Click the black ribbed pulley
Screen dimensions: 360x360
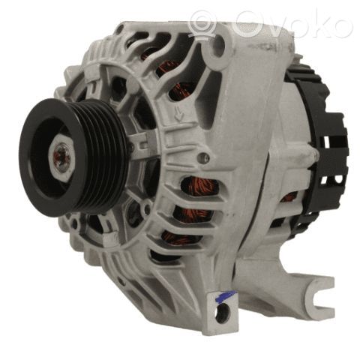point(73,157)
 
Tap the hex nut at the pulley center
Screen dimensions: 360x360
point(62,158)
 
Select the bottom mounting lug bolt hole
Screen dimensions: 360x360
point(223,313)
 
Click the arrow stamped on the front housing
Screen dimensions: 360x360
point(179,113)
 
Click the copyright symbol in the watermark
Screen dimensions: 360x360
point(202,24)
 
